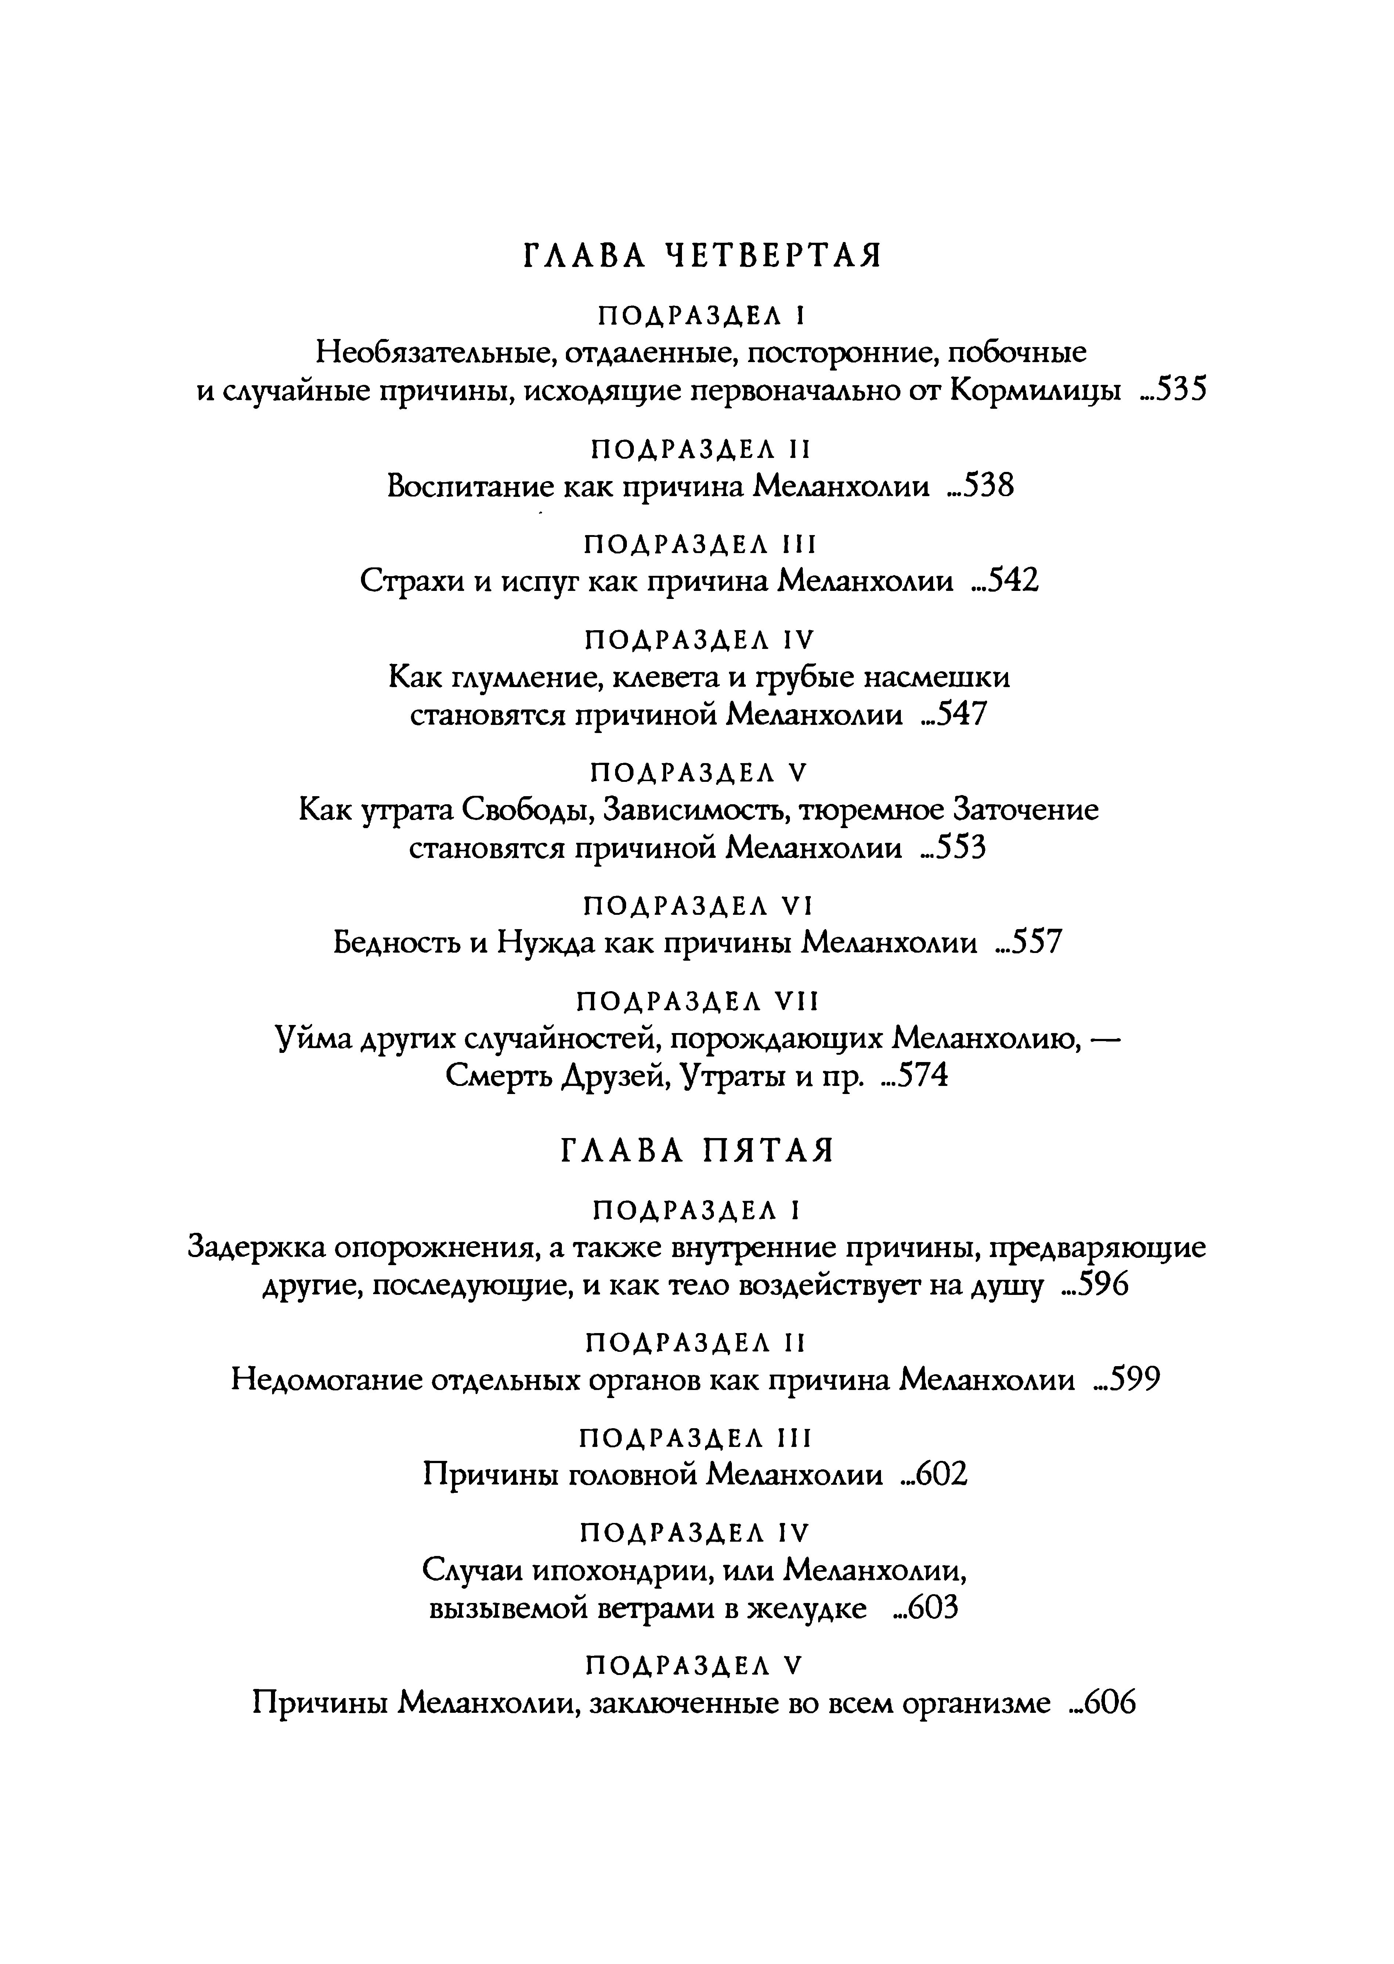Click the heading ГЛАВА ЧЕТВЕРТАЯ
[x=702, y=256]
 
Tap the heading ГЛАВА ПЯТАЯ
[x=697, y=1151]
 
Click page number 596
[x=1101, y=1286]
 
